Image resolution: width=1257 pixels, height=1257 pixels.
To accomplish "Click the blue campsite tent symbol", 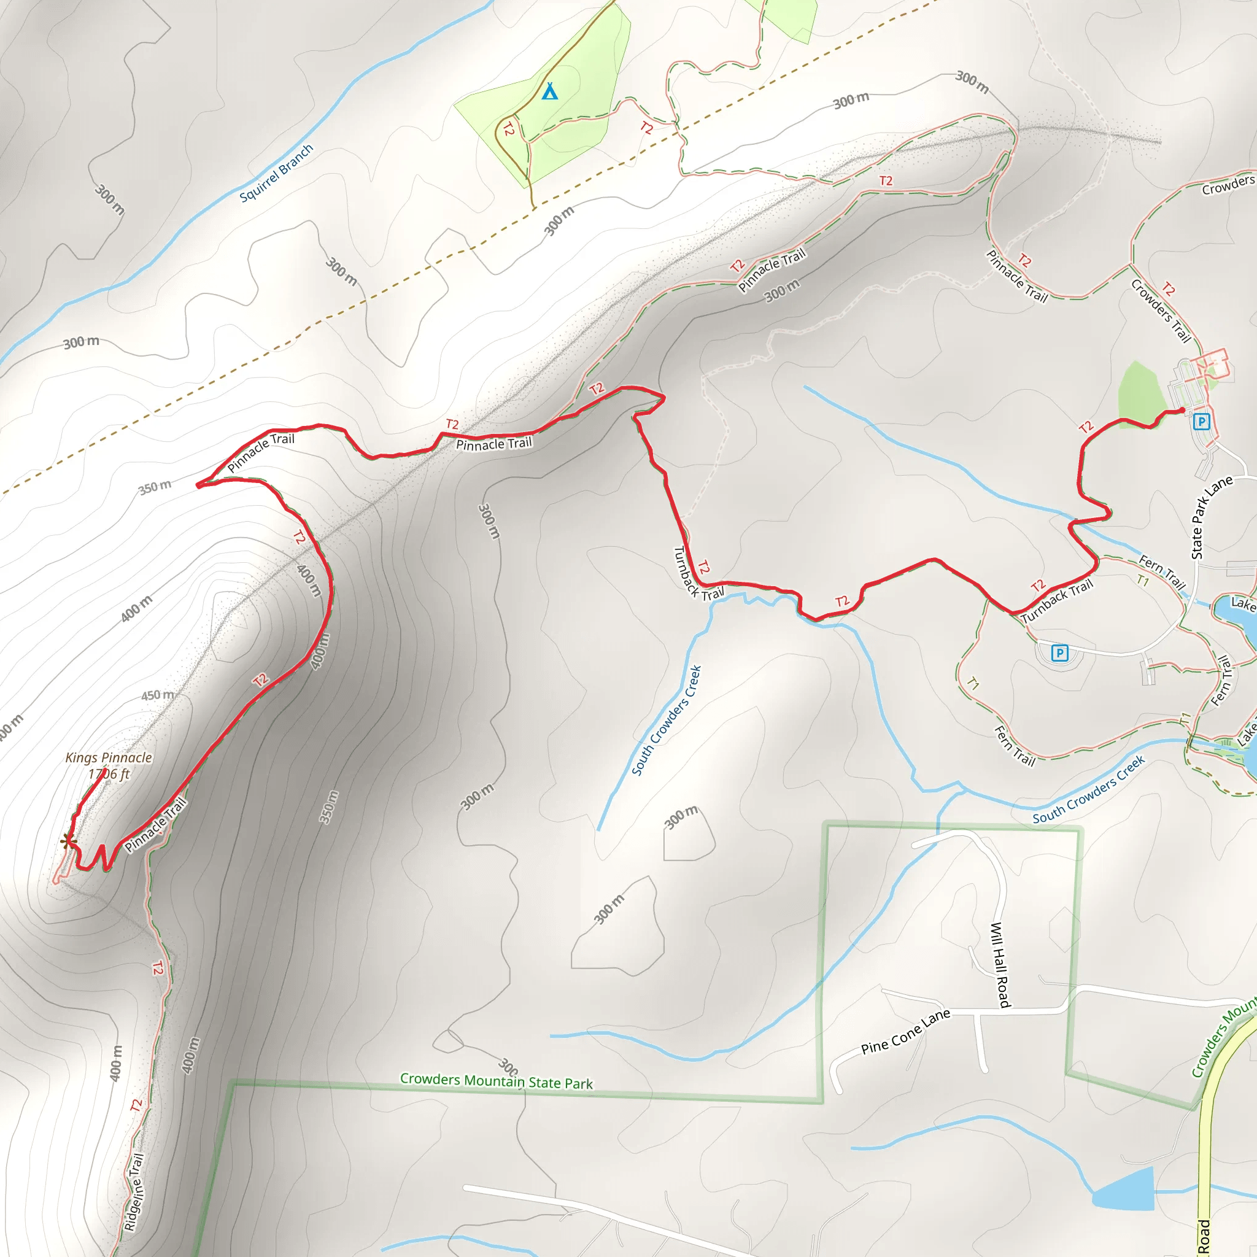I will coord(550,91).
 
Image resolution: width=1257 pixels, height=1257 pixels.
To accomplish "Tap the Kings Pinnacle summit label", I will coord(109,765).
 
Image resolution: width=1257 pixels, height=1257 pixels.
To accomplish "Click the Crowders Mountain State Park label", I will coord(497,1081).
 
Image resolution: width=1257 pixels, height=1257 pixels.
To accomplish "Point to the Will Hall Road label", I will coord(999,965).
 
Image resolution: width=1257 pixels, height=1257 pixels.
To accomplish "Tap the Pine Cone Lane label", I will coord(905,1031).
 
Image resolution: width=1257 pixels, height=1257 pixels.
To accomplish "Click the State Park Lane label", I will coord(1211,517).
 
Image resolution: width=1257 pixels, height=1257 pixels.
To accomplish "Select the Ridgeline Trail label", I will coord(134,1192).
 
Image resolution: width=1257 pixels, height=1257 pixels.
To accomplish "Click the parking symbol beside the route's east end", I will coord(1201,422).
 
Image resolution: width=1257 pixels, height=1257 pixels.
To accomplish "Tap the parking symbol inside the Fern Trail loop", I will coord(1060,652).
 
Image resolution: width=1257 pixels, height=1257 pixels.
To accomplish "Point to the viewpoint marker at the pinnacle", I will coord(68,842).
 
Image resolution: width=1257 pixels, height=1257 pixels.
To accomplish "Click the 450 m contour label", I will coord(158,695).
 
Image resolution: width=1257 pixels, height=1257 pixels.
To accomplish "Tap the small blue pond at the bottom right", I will coord(1124,1190).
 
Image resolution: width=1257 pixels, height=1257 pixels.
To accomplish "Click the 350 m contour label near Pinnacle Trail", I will coord(155,487).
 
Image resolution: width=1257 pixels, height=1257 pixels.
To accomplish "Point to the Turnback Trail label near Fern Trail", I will coord(1057,601).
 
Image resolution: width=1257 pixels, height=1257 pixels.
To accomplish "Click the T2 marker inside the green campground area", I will coord(509,130).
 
